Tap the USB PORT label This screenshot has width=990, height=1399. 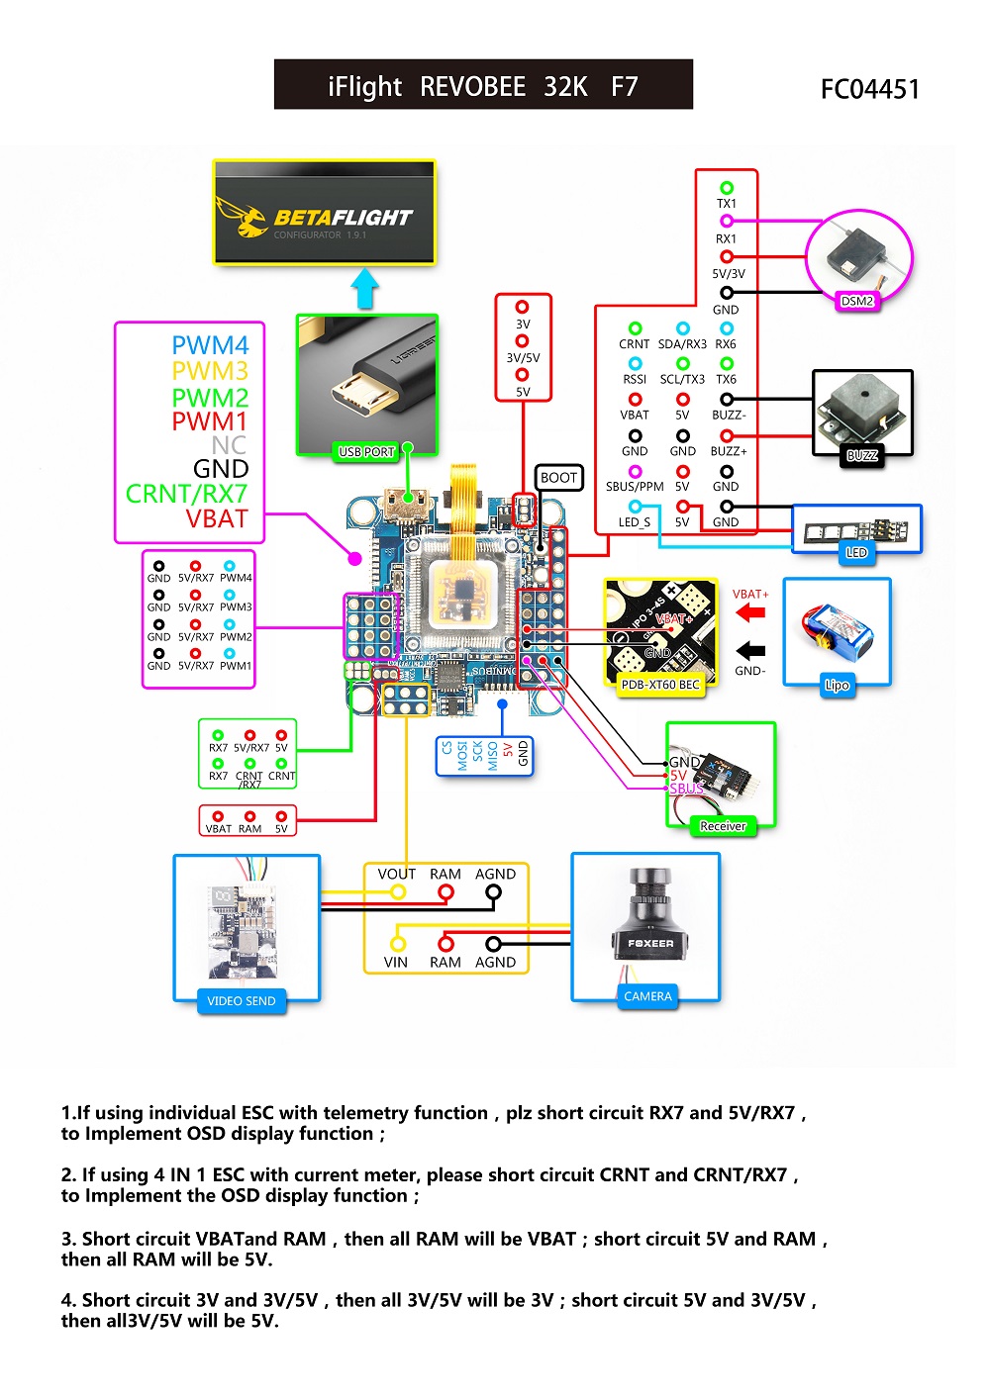366,452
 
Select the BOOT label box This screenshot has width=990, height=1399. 558,478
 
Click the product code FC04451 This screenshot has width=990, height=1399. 870,90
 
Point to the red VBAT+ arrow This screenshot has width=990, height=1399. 751,613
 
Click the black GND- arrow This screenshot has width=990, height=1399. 751,650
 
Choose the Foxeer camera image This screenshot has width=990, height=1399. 646,921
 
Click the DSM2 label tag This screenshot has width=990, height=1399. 857,301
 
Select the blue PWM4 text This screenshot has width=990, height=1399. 210,345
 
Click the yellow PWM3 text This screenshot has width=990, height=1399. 210,371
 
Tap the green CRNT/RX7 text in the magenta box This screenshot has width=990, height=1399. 186,494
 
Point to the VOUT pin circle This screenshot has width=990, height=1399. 398,892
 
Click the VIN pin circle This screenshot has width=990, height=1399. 398,943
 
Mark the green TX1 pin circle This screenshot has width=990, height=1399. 727,188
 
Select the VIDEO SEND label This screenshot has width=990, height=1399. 242,1001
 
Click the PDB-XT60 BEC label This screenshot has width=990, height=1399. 660,685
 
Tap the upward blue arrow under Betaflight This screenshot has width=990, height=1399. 365,288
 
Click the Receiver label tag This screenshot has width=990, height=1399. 723,826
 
